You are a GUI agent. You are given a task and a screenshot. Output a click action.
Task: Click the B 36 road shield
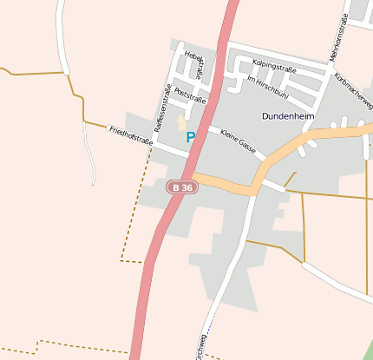tap(182, 187)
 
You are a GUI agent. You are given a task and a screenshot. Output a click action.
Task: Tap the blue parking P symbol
tap(191, 137)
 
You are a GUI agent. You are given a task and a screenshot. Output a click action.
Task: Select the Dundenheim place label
tap(287, 115)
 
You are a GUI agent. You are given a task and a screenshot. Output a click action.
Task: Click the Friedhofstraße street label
tap(131, 134)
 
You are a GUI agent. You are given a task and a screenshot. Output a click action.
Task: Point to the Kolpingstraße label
tap(274, 65)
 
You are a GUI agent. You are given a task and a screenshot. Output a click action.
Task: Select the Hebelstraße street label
tap(195, 65)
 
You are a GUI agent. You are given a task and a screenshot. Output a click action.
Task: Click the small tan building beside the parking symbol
tap(182, 122)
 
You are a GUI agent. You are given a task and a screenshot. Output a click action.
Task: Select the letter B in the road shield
tap(176, 187)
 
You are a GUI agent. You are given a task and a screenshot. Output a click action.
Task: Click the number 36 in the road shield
tap(186, 187)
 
